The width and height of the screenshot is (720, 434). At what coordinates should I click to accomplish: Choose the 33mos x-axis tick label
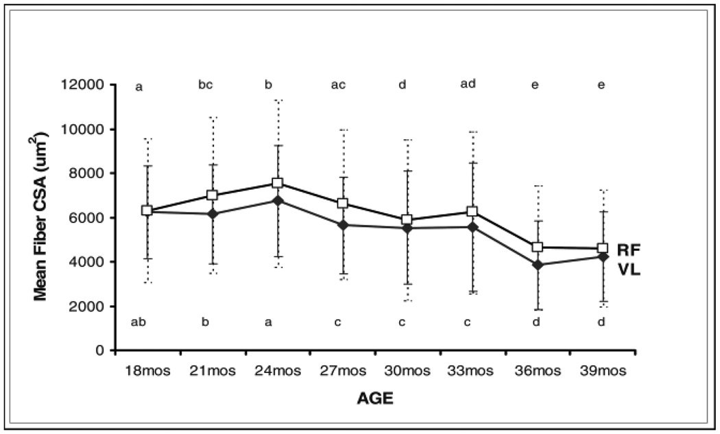[x=472, y=371]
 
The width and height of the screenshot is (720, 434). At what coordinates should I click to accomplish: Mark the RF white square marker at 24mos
[x=277, y=183]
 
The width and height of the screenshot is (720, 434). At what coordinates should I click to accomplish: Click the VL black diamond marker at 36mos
[x=538, y=265]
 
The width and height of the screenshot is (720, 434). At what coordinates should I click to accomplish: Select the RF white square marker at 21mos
[x=212, y=195]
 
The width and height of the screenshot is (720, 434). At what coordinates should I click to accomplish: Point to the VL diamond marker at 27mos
[x=342, y=225]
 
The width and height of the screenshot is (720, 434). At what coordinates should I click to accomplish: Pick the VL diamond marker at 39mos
[x=603, y=256]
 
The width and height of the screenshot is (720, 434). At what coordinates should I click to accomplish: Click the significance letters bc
[x=205, y=85]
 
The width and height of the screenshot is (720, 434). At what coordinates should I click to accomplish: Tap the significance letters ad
[x=468, y=84]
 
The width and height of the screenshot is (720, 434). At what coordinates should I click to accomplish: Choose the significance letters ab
[x=140, y=322]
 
